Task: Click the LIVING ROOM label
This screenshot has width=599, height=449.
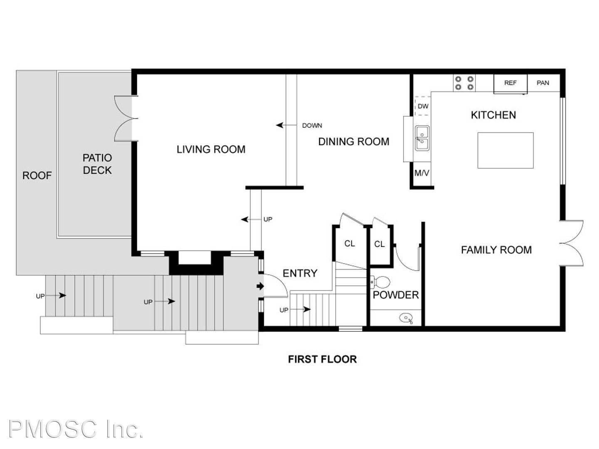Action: [x=211, y=149]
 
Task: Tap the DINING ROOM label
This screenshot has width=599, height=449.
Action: [x=354, y=141]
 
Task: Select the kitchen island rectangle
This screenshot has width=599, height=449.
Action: [x=505, y=150]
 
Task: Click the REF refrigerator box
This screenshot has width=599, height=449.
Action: [x=510, y=84]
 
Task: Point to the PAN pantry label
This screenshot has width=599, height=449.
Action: [x=543, y=83]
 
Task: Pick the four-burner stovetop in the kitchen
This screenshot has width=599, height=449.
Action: [x=464, y=83]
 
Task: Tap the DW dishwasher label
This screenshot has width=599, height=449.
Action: [x=423, y=106]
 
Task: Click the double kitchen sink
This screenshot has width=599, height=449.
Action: [x=422, y=138]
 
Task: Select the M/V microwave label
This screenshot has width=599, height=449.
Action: [x=422, y=173]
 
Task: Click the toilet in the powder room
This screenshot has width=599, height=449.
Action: [x=380, y=282]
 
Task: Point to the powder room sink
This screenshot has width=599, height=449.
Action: [x=406, y=318]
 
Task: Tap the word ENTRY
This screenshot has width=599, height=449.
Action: [x=300, y=273]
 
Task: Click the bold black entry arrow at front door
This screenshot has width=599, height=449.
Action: [x=260, y=286]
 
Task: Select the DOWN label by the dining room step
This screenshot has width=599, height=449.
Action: [x=312, y=126]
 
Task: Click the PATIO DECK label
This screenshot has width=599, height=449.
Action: [x=97, y=164]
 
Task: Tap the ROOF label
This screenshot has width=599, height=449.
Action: [x=37, y=175]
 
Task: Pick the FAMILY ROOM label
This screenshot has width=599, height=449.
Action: [x=496, y=250]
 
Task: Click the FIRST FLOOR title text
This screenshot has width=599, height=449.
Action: [x=322, y=359]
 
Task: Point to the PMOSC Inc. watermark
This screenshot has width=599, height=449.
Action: [x=76, y=429]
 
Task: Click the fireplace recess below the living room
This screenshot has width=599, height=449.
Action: [x=195, y=257]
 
